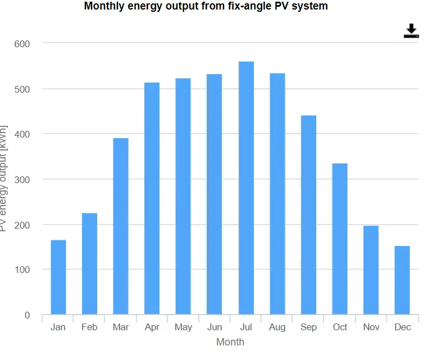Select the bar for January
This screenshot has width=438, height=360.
(58, 277)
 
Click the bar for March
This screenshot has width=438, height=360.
(121, 226)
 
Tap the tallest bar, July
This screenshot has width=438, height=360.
(246, 188)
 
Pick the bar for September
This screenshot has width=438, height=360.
(308, 215)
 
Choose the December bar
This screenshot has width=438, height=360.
(402, 280)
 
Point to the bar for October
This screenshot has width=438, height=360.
(340, 239)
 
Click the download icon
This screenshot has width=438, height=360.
(412, 31)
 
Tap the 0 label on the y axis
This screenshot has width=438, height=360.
(27, 315)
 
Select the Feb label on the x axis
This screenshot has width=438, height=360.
(89, 327)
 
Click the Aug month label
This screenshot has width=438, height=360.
(277, 327)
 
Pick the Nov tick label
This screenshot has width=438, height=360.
(371, 327)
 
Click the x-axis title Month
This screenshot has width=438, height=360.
(230, 341)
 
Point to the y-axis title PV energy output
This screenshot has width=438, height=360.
(4, 179)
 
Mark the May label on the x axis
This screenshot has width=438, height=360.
(183, 327)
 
